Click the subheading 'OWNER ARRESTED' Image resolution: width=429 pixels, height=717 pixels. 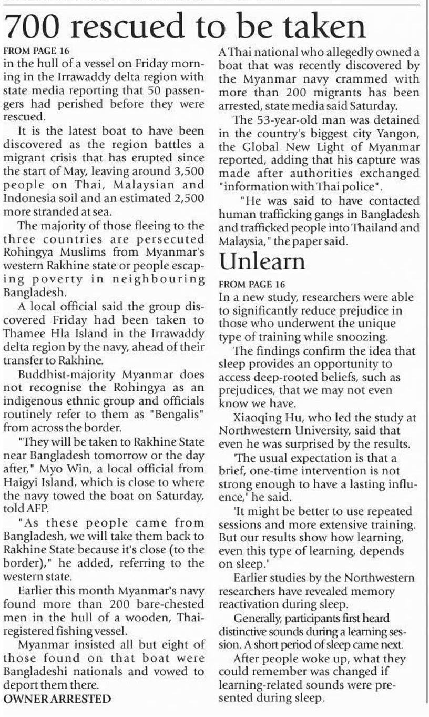coord(57,699)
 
